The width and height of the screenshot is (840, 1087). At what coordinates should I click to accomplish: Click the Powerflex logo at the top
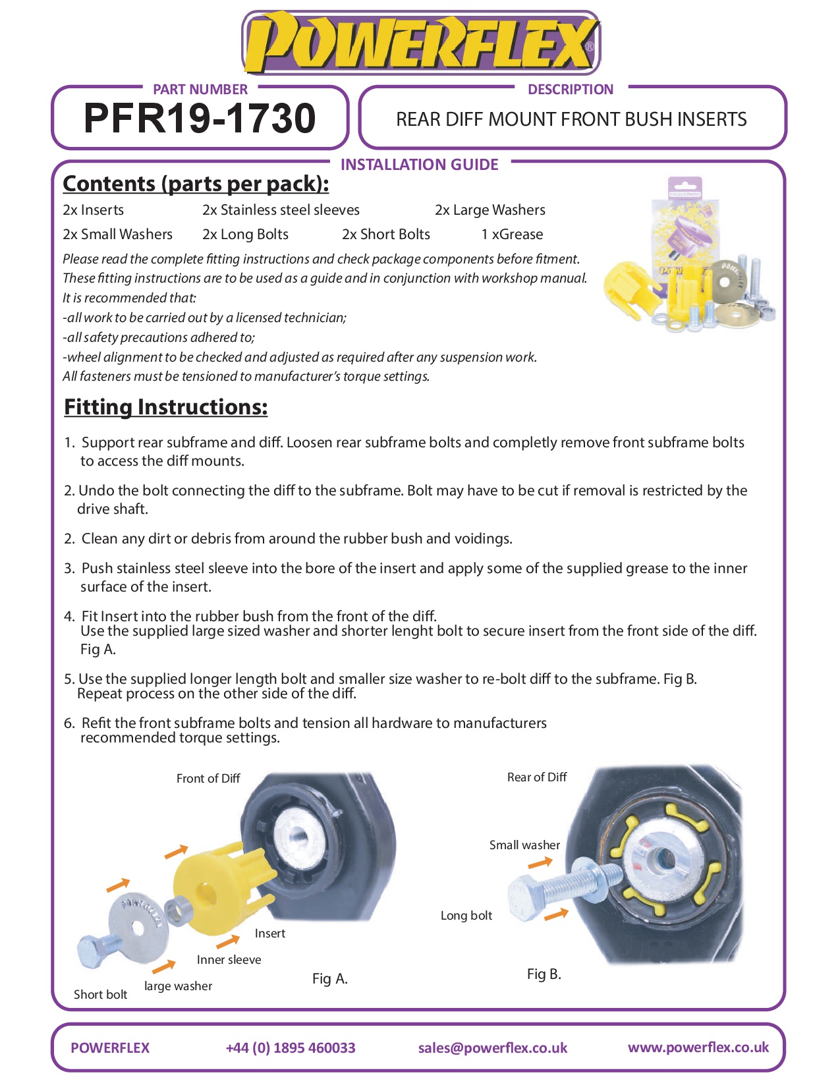pos(421,43)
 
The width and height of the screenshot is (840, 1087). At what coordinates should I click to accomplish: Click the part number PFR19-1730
pos(200,119)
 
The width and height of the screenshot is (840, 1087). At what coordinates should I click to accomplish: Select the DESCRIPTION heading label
pos(570,89)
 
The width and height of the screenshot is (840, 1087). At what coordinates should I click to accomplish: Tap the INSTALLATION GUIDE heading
pos(419,164)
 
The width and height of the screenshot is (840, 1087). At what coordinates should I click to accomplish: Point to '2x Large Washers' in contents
pos(490,210)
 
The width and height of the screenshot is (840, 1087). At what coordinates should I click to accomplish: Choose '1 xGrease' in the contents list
pos(512,235)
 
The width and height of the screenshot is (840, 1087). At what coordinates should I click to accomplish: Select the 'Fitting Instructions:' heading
pos(165,407)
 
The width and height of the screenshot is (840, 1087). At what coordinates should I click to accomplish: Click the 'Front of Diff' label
pos(208,779)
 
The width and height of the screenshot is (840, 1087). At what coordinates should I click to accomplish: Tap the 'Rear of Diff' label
pos(536,777)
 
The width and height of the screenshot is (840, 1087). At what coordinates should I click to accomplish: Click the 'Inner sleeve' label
pos(229,960)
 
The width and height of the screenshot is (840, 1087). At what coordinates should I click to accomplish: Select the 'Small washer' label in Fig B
pos(524,845)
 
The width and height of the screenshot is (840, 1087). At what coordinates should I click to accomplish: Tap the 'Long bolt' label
pos(466,916)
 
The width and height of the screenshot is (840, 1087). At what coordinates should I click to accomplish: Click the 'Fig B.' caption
pos(544,974)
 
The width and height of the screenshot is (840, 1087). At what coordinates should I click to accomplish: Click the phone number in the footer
pos(290,1048)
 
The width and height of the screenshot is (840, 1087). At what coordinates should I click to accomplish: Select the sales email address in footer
pos(492,1048)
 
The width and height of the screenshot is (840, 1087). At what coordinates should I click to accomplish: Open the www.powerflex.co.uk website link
pos(698,1047)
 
